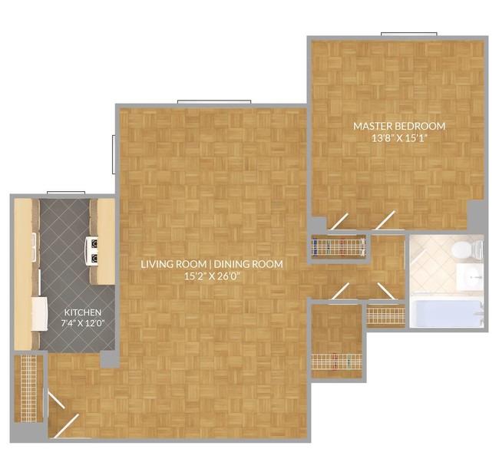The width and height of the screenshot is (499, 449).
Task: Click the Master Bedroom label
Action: click(x=399, y=126)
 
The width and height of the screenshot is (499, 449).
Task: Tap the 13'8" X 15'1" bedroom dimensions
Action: click(x=399, y=138)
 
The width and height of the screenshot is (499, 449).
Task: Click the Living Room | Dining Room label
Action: click(x=212, y=264)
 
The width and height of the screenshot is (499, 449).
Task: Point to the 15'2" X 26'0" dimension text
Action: click(x=212, y=276)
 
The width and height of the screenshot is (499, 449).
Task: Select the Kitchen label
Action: click(x=83, y=312)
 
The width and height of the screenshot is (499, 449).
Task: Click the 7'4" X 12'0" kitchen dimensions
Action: click(x=83, y=323)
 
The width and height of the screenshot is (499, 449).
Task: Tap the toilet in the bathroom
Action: click(x=468, y=249)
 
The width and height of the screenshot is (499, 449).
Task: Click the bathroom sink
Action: click(x=470, y=278)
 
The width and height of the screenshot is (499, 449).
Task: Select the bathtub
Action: click(x=446, y=314)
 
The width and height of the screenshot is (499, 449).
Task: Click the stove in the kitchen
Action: click(x=92, y=251)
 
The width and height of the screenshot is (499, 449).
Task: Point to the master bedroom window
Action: click(x=409, y=34)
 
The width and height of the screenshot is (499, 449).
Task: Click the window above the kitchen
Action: click(x=66, y=193)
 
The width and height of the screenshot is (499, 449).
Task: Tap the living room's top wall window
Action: click(x=214, y=102)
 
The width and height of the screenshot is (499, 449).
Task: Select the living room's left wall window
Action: click(x=114, y=154)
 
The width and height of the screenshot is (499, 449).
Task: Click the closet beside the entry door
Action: click(x=28, y=388)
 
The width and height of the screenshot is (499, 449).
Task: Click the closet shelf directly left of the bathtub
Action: click(x=385, y=315)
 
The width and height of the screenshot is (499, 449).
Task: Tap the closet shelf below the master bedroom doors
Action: click(x=339, y=246)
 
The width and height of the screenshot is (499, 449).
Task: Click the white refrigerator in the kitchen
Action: click(x=39, y=314)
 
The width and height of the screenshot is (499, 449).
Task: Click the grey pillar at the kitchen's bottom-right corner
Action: click(x=110, y=359)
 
